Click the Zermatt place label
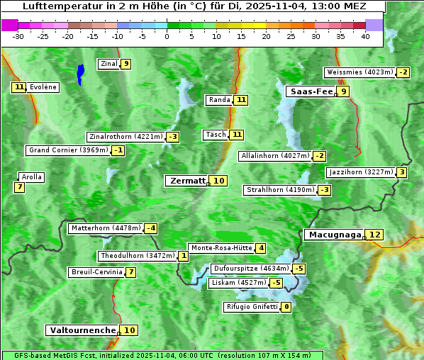(187, 181)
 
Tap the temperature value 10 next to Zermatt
(219, 181)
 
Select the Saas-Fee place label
(310, 91)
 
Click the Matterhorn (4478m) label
(105, 228)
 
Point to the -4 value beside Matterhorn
(150, 228)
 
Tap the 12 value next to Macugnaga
(375, 235)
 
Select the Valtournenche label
(82, 330)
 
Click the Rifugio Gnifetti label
(251, 307)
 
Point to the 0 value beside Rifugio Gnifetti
(286, 307)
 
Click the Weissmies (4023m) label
(359, 72)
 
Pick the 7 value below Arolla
(19, 187)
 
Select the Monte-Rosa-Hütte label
(221, 248)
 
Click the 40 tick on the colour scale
(366, 35)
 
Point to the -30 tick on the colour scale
(18, 35)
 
